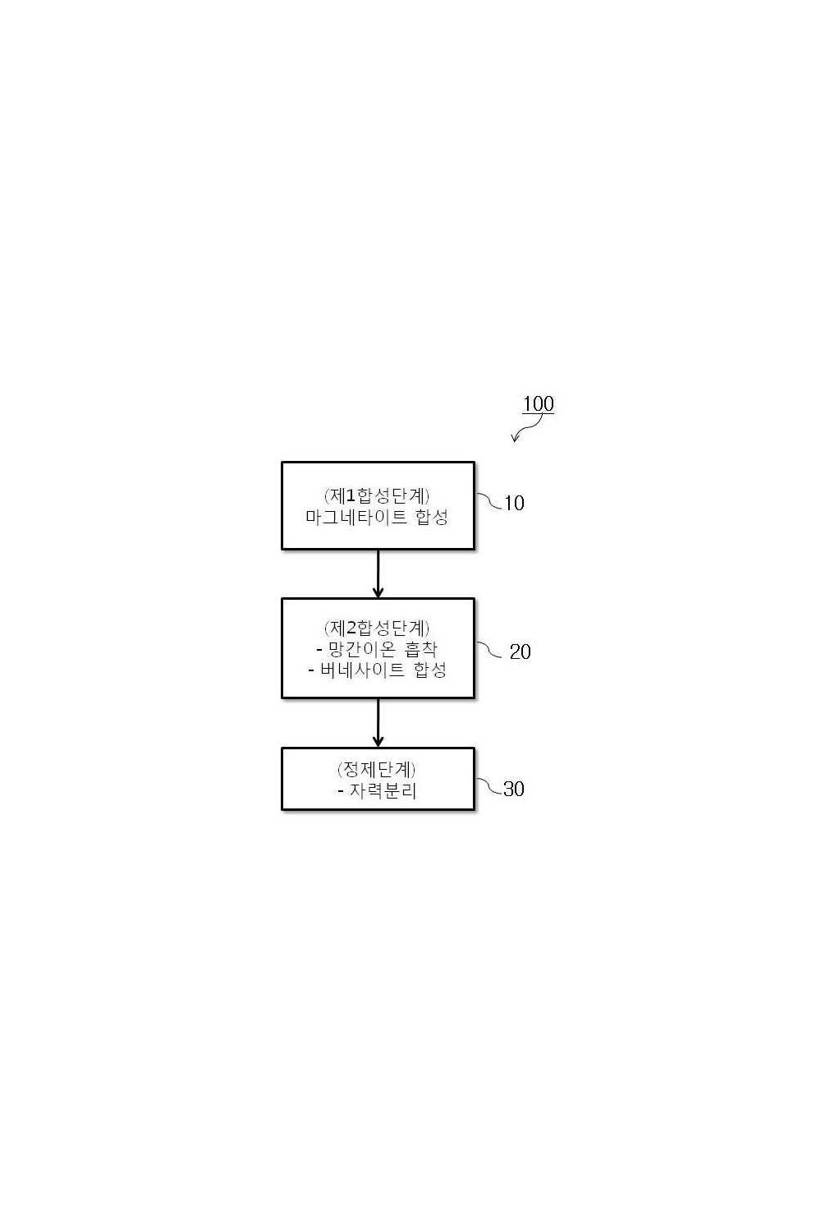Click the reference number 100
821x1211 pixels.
(538, 404)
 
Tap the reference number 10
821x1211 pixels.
(514, 504)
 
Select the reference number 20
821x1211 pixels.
(521, 652)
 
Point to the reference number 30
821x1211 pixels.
(514, 789)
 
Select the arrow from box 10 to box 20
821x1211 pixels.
(378, 573)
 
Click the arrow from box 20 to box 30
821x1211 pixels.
(378, 723)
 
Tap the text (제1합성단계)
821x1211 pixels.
(377, 495)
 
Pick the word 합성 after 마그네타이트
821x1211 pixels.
(432, 518)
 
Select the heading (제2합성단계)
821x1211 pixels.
(377, 628)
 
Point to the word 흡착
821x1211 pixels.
(420, 649)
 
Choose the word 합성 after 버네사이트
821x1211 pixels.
(430, 670)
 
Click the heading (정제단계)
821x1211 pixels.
(377, 769)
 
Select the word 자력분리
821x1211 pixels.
(383, 791)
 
